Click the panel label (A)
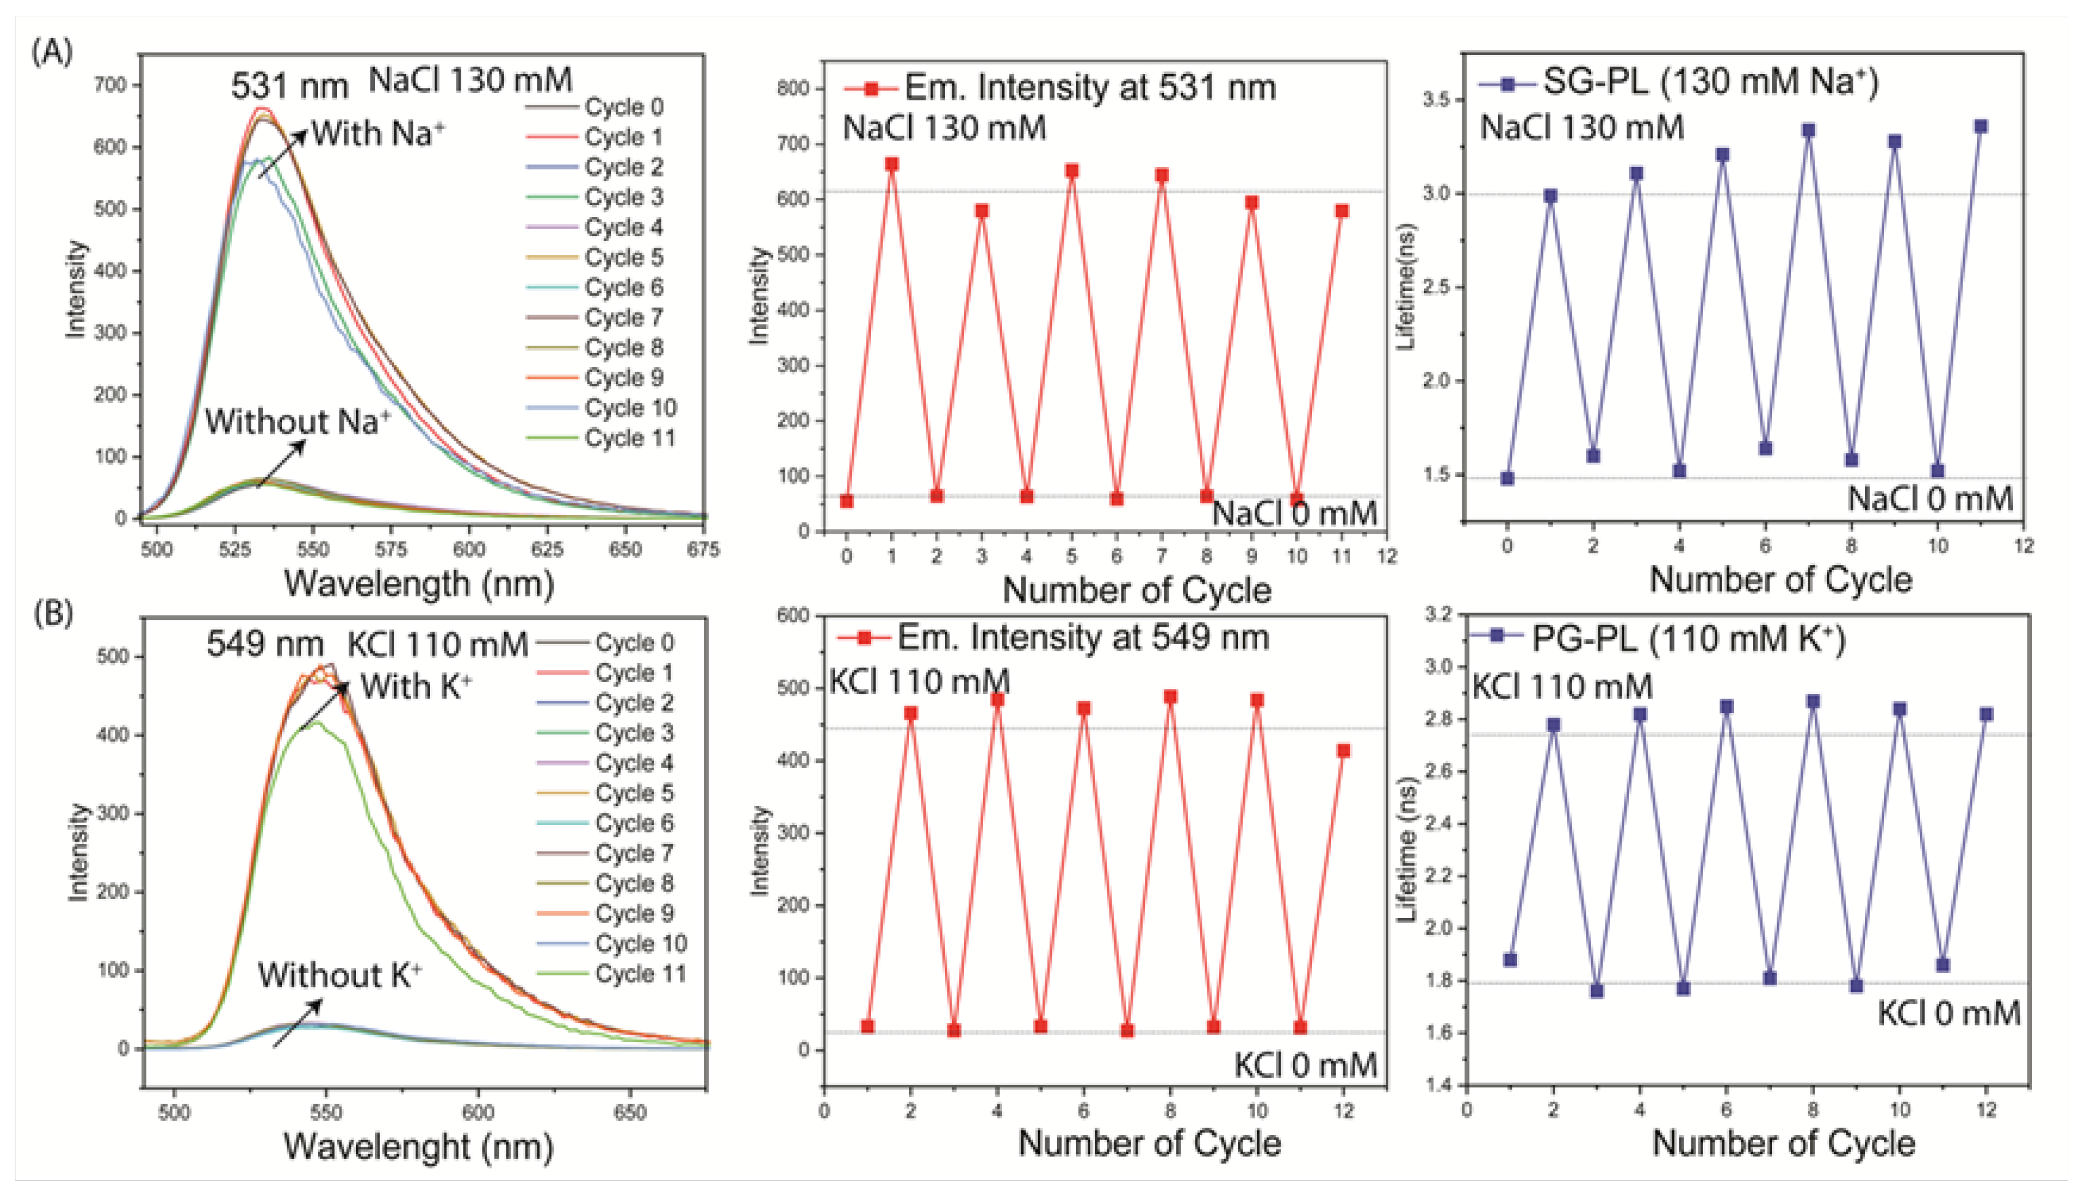(51, 52)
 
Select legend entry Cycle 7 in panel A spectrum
(623, 317)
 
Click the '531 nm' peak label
(289, 86)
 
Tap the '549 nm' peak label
(264, 644)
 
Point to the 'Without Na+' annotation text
(298, 421)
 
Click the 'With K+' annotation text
(416, 686)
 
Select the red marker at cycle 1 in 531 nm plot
(892, 165)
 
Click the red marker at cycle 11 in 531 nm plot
(1341, 211)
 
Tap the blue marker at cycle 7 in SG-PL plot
(1808, 131)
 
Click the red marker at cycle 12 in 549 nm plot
(1343, 751)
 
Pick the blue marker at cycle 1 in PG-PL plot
(1510, 959)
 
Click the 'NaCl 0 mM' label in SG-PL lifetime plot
(1930, 498)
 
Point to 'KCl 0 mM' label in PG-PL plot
(1948, 1014)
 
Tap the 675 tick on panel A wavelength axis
(703, 550)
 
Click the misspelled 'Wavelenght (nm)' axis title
(419, 1146)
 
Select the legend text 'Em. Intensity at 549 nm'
(1082, 637)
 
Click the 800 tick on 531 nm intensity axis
(793, 88)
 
